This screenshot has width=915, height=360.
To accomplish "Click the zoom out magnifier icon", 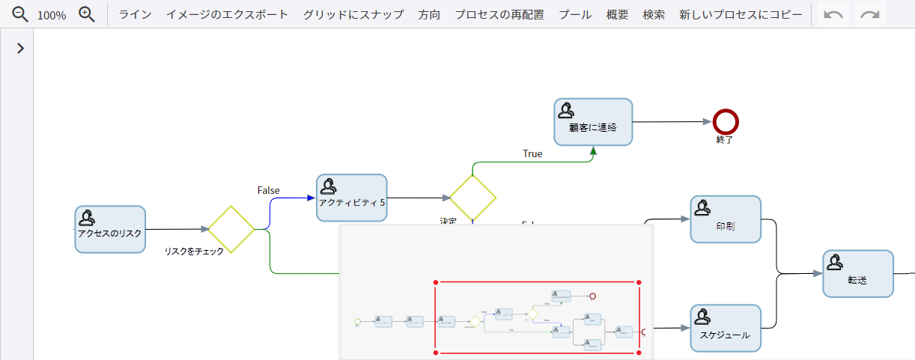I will pyautogui.click(x=20, y=14).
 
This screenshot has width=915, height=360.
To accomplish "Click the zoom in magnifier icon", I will pyautogui.click(x=87, y=14).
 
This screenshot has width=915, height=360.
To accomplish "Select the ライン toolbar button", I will pyautogui.click(x=135, y=14).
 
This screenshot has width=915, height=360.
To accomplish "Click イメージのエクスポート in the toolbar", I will pyautogui.click(x=227, y=14).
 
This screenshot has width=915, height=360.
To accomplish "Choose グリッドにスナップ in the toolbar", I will pyautogui.click(x=353, y=14).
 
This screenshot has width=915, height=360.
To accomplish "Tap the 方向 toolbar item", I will pyautogui.click(x=429, y=14).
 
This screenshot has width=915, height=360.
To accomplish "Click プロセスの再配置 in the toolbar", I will pyautogui.click(x=499, y=14).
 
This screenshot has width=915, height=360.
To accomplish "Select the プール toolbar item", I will pyautogui.click(x=575, y=14).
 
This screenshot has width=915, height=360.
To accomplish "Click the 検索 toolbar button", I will pyautogui.click(x=654, y=14).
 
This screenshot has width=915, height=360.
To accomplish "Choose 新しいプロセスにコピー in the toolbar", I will pyautogui.click(x=741, y=14).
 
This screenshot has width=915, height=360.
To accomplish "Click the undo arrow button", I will pyautogui.click(x=833, y=15).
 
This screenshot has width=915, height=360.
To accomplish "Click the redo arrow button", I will pyautogui.click(x=869, y=15).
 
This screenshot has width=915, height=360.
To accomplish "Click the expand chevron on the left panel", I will pyautogui.click(x=20, y=48).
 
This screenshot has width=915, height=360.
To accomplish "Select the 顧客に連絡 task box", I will pyautogui.click(x=593, y=122).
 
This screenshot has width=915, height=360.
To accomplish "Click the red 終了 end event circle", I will pyautogui.click(x=726, y=121).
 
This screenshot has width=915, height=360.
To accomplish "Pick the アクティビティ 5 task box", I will pyautogui.click(x=351, y=198).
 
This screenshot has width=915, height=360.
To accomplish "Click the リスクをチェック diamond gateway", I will pyautogui.click(x=231, y=229).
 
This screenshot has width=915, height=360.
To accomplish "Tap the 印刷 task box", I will pyautogui.click(x=725, y=220).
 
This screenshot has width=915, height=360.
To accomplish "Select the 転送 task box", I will pyautogui.click(x=857, y=274).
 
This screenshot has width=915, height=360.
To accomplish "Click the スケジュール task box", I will pyautogui.click(x=725, y=329).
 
